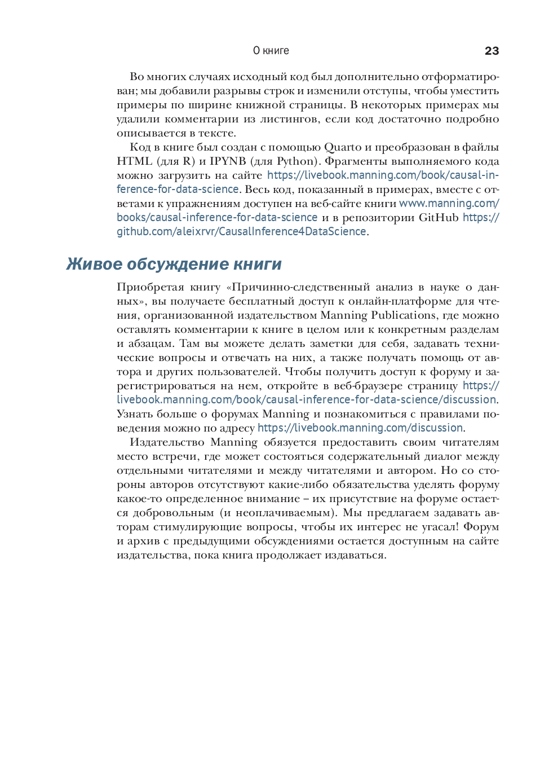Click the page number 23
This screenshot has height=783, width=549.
click(492, 51)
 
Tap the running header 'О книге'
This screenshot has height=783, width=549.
click(271, 51)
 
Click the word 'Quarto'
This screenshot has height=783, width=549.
click(343, 147)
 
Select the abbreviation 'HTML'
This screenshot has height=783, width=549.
click(135, 161)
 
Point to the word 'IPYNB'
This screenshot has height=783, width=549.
click(228, 161)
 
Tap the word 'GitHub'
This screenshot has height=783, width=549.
click(439, 218)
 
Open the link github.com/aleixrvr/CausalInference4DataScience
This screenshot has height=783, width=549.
click(241, 232)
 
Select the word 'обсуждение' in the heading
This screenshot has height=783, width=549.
click(178, 264)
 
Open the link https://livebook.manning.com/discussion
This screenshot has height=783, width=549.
click(360, 428)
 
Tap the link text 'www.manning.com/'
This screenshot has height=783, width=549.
click(449, 204)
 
